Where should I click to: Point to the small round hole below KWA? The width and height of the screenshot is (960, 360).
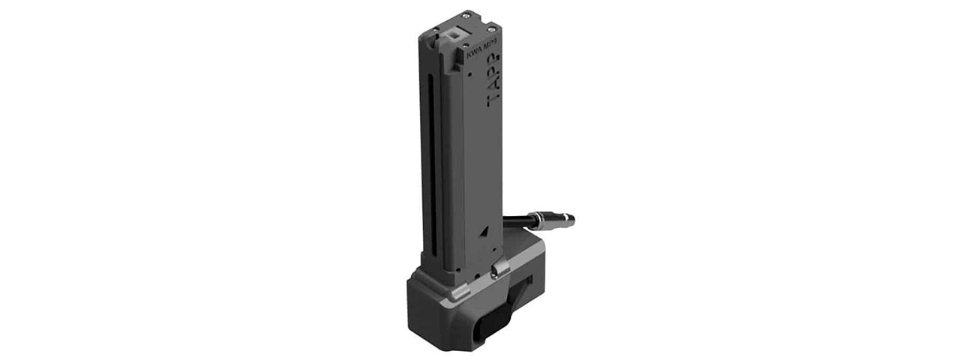[468, 74]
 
